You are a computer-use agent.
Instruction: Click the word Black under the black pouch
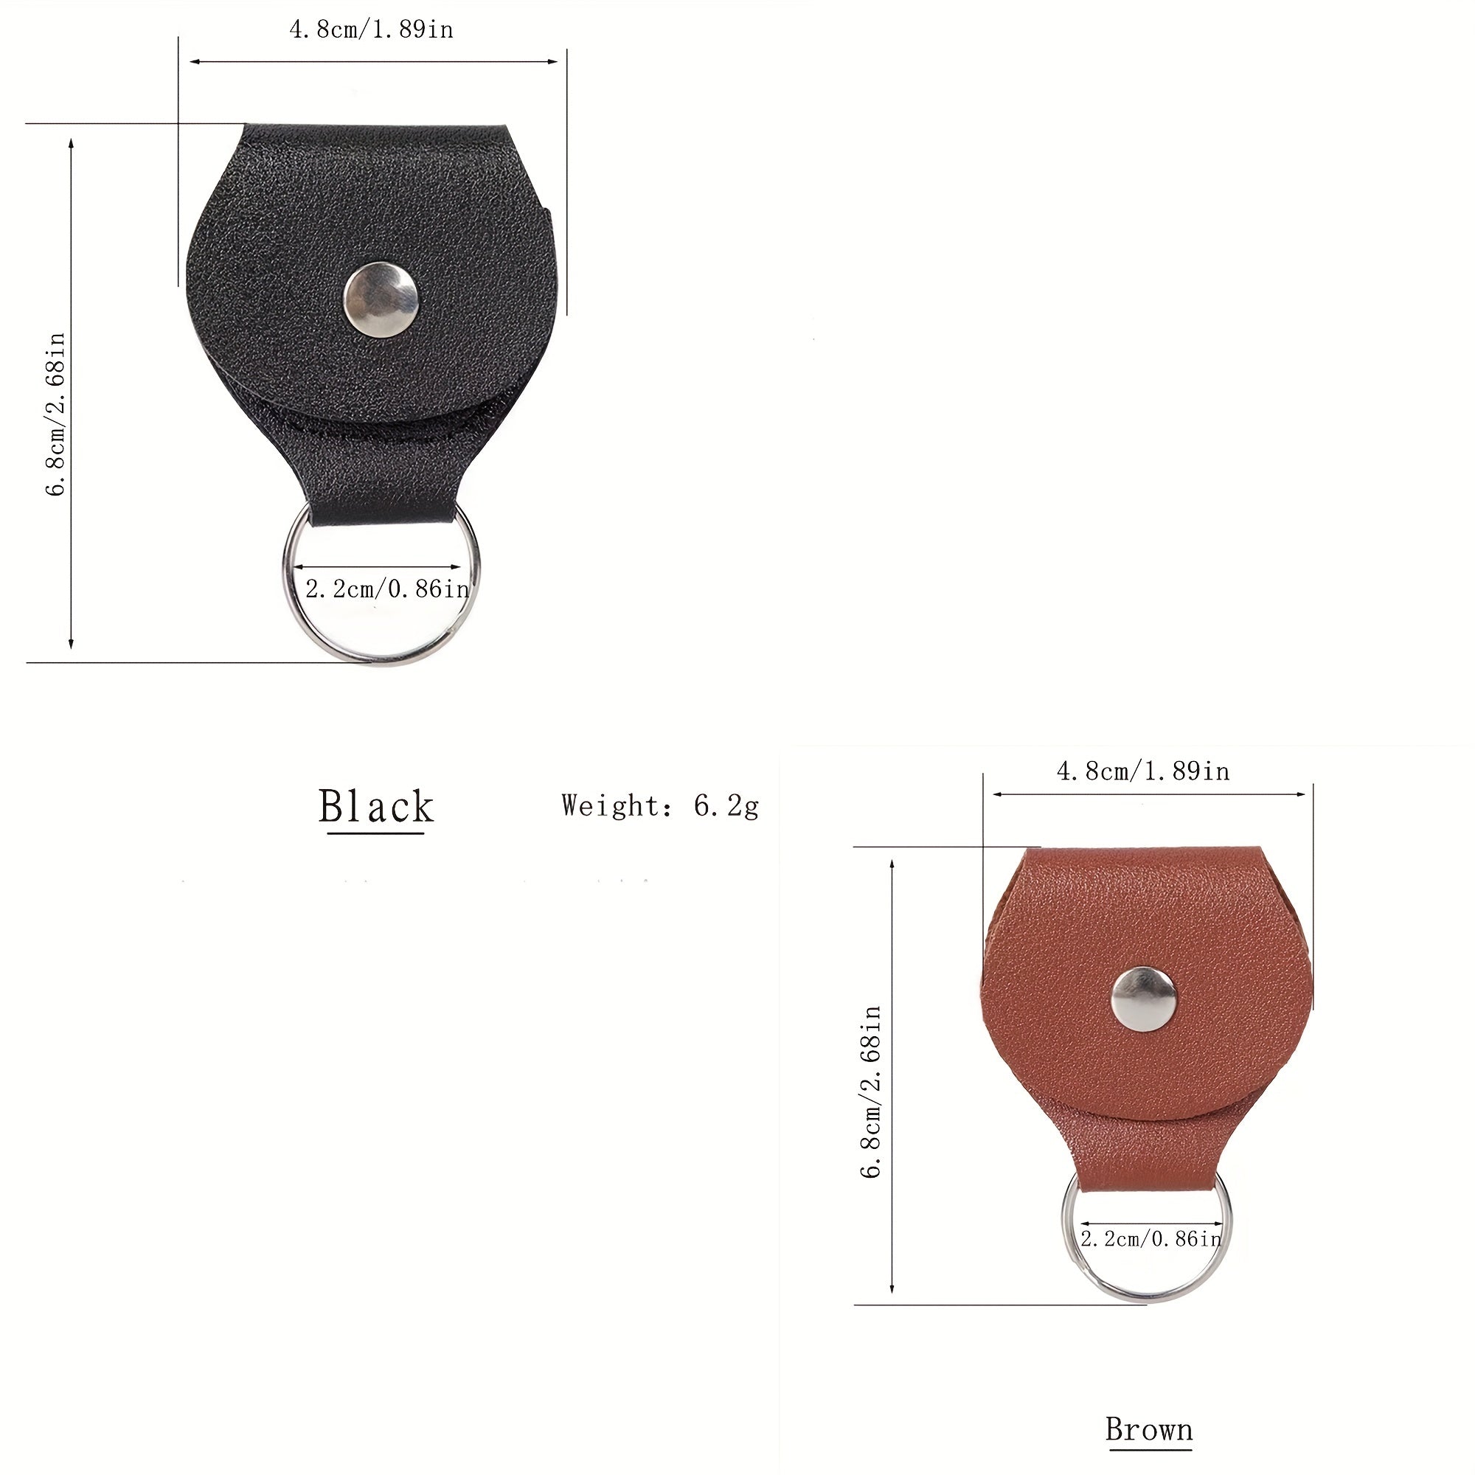point(375,806)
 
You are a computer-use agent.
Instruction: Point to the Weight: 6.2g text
point(660,806)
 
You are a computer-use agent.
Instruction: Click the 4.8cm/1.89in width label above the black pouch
point(371,29)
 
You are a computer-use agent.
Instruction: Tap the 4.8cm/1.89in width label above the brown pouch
point(1143,771)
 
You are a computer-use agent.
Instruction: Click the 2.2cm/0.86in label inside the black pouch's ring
point(387,589)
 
